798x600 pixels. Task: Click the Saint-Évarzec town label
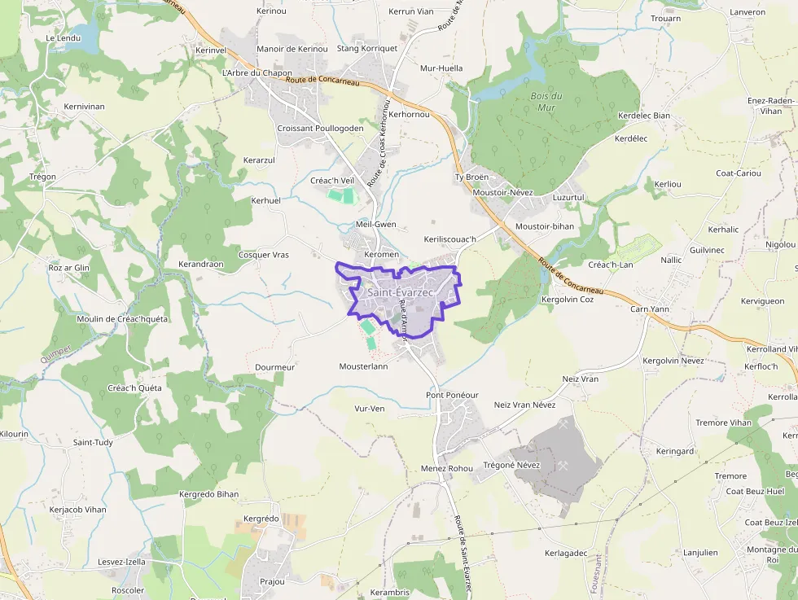point(400,292)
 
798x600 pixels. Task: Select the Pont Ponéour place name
point(452,395)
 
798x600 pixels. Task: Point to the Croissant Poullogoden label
point(320,129)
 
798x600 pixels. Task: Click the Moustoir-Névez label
point(502,192)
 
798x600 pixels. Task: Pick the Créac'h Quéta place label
point(134,388)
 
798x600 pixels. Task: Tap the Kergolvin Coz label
point(568,300)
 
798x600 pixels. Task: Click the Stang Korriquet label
point(366,49)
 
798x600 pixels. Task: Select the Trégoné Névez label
point(511,465)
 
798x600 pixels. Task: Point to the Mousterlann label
point(363,366)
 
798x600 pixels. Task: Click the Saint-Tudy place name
point(93,442)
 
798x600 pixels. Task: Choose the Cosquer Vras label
point(263,255)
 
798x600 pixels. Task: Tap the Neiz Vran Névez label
point(524,405)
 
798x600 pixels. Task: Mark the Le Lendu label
point(64,38)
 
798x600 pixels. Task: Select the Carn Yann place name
point(649,309)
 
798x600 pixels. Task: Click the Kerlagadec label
point(566,553)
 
